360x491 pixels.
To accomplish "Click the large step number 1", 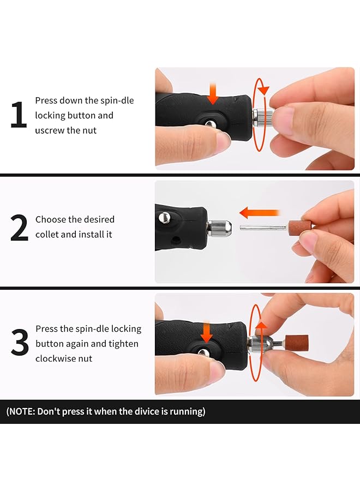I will tap(18, 116).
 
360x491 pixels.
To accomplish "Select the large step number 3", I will tap(19, 343).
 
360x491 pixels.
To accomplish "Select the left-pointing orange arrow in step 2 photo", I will tap(259, 212).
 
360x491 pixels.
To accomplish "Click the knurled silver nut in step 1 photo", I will tap(264, 116).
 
